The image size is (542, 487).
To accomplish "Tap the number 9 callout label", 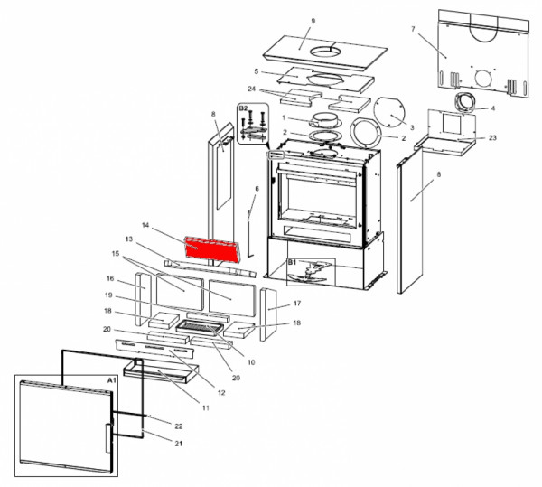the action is (x=313, y=21).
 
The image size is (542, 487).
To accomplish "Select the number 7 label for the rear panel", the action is (x=413, y=29).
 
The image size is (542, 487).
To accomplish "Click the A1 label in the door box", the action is (x=112, y=380).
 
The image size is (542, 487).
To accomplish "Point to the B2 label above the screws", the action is (x=243, y=108).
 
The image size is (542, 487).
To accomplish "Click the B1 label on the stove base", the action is (x=292, y=262).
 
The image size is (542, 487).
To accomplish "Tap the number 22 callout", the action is (x=178, y=426).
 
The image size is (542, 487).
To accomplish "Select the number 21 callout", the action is (x=178, y=443).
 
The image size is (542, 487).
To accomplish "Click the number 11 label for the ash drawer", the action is (x=206, y=407).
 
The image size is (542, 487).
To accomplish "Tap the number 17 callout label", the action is (x=297, y=303).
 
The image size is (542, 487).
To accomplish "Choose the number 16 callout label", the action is (x=110, y=278).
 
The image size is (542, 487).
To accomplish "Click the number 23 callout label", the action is (x=492, y=137).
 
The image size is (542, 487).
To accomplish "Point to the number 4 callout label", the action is (x=493, y=108).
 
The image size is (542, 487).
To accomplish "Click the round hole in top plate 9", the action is (x=325, y=52).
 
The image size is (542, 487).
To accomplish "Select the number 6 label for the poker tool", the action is (x=257, y=189).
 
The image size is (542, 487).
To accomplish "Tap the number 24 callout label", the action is (x=252, y=89).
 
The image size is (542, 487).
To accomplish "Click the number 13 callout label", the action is (x=129, y=239).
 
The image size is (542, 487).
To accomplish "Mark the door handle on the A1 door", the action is (x=108, y=438).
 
